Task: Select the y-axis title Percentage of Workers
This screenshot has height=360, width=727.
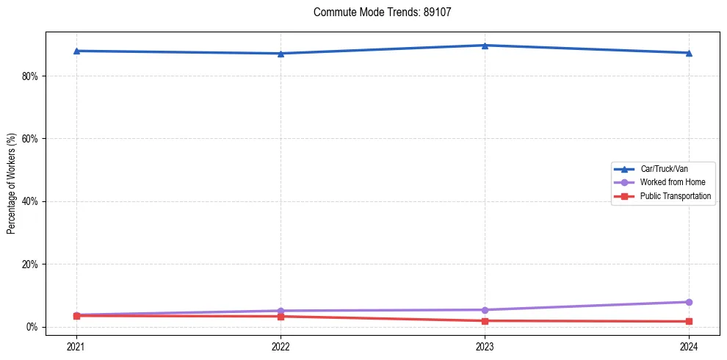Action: point(11,184)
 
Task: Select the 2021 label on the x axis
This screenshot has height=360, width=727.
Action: point(76,346)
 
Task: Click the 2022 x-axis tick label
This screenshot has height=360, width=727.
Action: point(281,346)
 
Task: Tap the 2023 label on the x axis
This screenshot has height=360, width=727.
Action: point(485,346)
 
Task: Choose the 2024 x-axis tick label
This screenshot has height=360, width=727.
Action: point(689,346)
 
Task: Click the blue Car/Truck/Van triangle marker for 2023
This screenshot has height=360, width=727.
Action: point(485,46)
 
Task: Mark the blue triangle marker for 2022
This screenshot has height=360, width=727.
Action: point(281,54)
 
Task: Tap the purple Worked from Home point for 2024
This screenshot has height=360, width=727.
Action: point(689,302)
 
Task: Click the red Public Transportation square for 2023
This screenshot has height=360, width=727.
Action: point(485,321)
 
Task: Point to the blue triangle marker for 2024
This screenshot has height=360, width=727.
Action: point(689,53)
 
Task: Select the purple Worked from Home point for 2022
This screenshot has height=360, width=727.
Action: point(281,311)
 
